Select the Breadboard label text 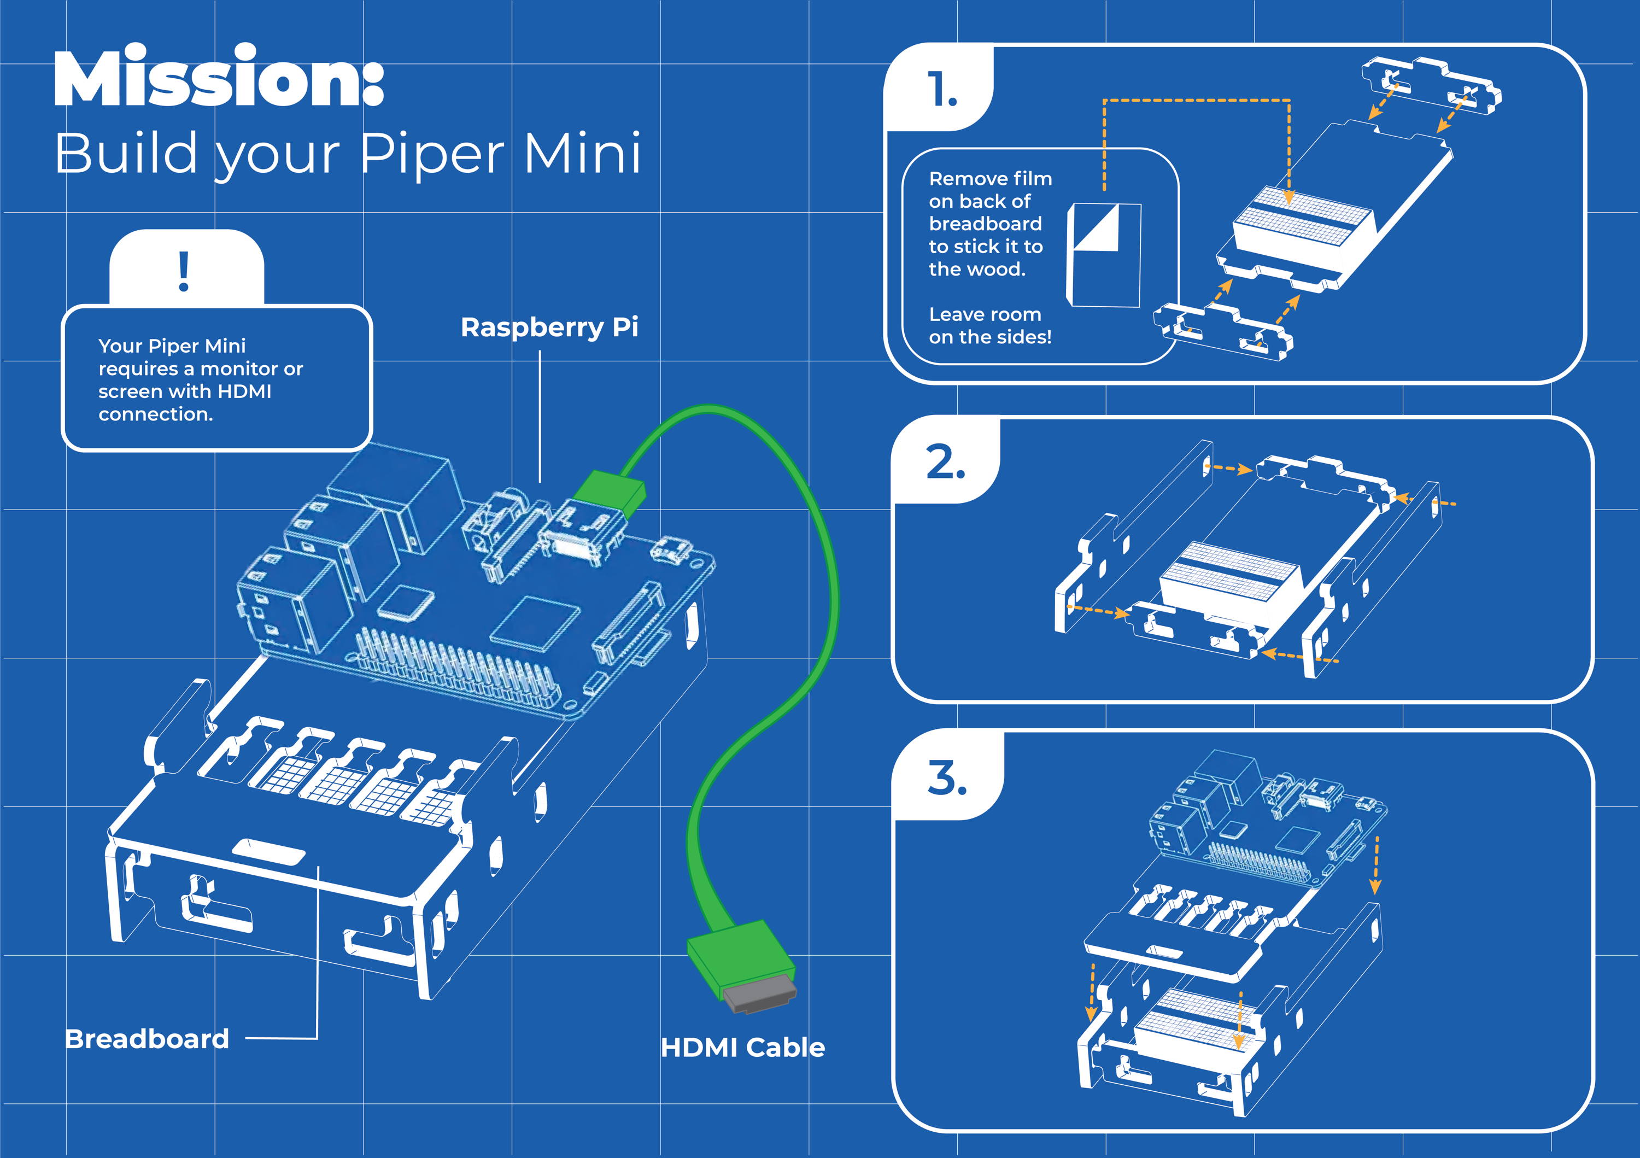(147, 1039)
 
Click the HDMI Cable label (743, 1047)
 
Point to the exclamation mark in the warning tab (184, 272)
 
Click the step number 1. (942, 91)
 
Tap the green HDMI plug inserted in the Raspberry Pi (610, 491)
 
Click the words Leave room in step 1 (985, 314)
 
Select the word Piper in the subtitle (431, 153)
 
